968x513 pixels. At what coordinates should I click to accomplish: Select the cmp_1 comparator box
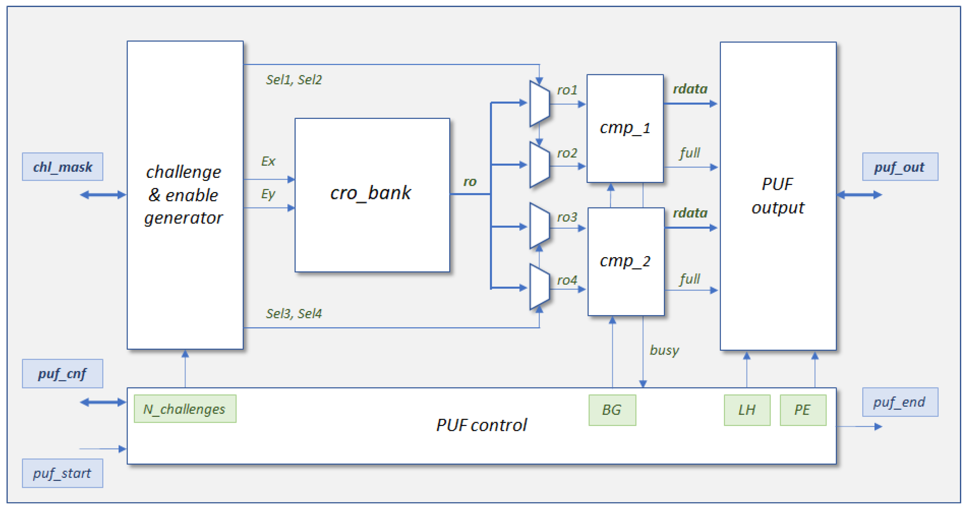[x=625, y=128]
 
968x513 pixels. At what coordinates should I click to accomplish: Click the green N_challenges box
[x=185, y=409]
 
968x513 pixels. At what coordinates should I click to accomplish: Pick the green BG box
[x=612, y=410]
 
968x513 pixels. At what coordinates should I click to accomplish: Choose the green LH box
[x=747, y=410]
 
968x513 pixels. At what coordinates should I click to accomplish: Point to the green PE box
[x=803, y=410]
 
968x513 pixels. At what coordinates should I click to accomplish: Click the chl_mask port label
[x=62, y=167]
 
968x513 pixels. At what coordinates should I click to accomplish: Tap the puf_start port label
[x=62, y=473]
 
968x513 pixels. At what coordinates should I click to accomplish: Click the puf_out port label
[x=900, y=167]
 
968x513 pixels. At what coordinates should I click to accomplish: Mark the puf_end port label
[x=900, y=402]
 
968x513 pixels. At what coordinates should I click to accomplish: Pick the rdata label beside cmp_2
[x=690, y=213]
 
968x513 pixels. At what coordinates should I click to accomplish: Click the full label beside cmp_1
[x=689, y=153]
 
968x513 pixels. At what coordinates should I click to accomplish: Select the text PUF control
[x=481, y=425]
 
